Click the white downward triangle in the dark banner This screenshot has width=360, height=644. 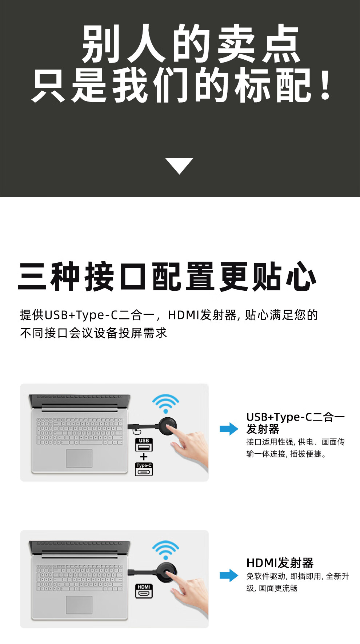pos(179,165)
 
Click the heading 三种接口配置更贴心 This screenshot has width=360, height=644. pos(167,277)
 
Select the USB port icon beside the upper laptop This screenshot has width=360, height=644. pos(144,444)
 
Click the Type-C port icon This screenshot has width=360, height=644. pos(144,469)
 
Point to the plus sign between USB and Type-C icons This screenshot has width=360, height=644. pos(144,457)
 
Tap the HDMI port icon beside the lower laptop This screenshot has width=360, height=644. pos(144,591)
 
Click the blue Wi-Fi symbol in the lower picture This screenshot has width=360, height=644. pos(165,550)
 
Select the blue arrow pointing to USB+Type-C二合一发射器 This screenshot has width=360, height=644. pos(229,429)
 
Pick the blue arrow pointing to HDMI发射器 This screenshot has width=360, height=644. pos(229,575)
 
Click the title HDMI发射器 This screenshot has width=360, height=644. pos(280,563)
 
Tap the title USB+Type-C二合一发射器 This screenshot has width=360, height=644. pos(295,423)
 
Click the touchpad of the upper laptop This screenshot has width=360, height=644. pos(79,458)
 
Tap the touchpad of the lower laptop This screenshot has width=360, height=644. pos(79,605)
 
